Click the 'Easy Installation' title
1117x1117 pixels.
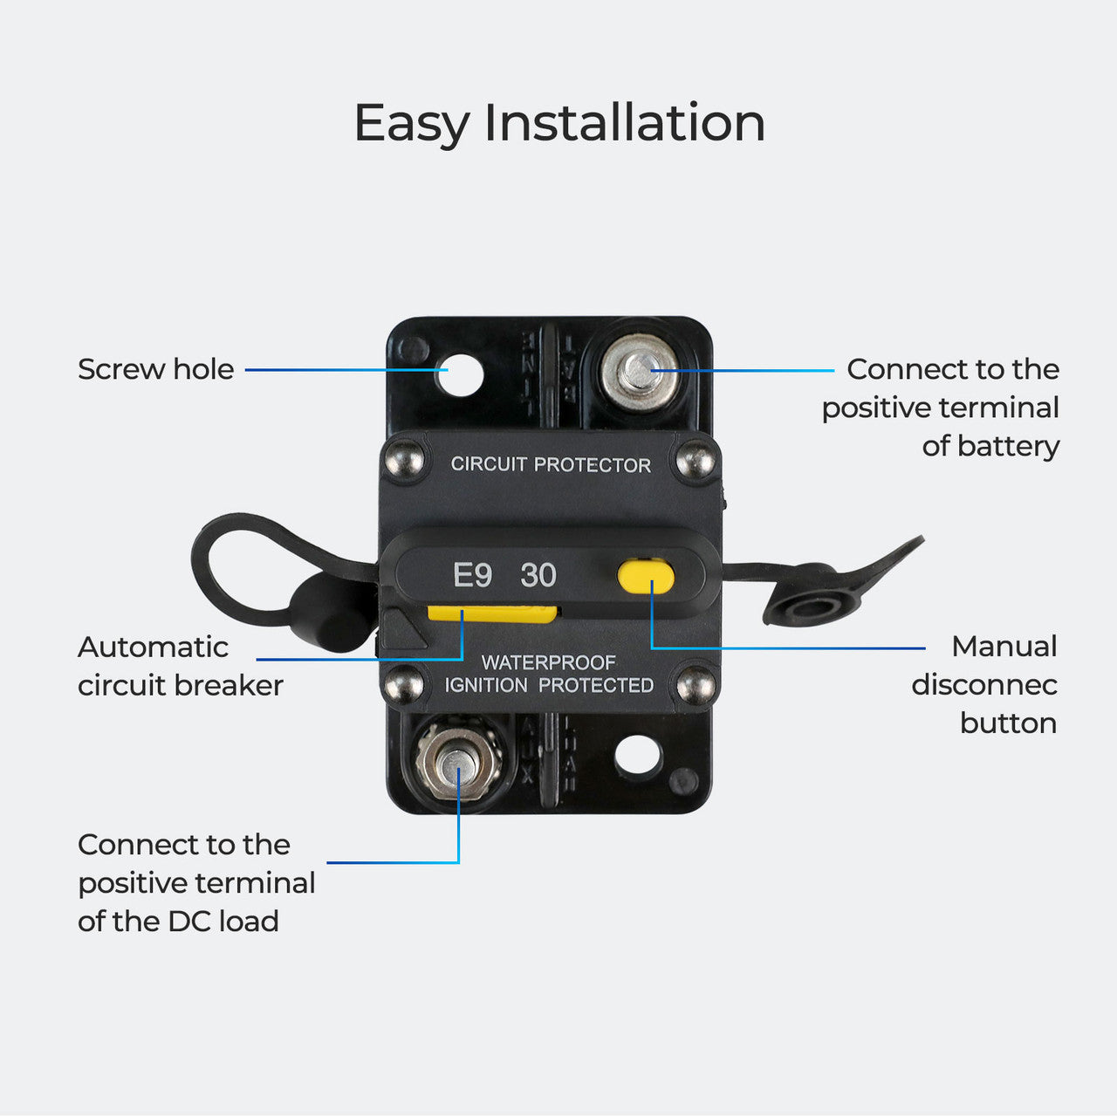pyautogui.click(x=559, y=122)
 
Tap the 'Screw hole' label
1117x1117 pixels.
pyautogui.click(x=155, y=369)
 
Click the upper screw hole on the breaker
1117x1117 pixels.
pyautogui.click(x=461, y=373)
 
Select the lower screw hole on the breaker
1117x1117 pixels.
pyautogui.click(x=637, y=755)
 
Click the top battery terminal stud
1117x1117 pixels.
pyautogui.click(x=640, y=372)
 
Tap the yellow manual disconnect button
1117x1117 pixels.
pyautogui.click(x=646, y=577)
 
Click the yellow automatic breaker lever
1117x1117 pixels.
pyautogui.click(x=491, y=614)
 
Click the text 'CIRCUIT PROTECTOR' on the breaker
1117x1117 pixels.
pyautogui.click(x=551, y=464)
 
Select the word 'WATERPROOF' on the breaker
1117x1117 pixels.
pyautogui.click(x=549, y=663)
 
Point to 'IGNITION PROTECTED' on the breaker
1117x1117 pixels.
pyautogui.click(x=549, y=686)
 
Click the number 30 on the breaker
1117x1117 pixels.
pyautogui.click(x=538, y=576)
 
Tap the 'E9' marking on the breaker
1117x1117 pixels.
pyautogui.click(x=472, y=576)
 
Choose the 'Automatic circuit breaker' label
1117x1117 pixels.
pyautogui.click(x=180, y=666)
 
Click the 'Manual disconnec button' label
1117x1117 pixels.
pyautogui.click(x=984, y=684)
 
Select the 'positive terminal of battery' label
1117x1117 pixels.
pyautogui.click(x=941, y=408)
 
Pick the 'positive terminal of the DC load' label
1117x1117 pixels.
pyautogui.click(x=196, y=882)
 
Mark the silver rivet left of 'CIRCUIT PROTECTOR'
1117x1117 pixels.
pyautogui.click(x=404, y=459)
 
